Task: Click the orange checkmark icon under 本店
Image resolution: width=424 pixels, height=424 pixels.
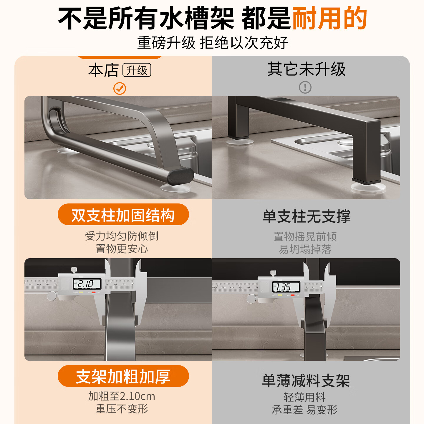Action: pyautogui.click(x=120, y=88)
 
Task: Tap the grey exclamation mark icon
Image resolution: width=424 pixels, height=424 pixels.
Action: pyautogui.click(x=305, y=87)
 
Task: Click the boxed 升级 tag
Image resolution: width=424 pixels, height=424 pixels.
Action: pyautogui.click(x=137, y=70)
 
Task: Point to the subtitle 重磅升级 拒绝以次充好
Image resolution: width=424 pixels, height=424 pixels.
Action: pyautogui.click(x=212, y=43)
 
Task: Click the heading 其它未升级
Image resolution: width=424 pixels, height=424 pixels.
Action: pyautogui.click(x=306, y=69)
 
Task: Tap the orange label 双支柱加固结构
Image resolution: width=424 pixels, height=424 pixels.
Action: pyautogui.click(x=123, y=215)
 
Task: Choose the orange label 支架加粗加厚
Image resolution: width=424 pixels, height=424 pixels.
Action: pyautogui.click(x=123, y=376)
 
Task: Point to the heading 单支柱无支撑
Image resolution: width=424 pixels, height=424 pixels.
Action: pyautogui.click(x=306, y=217)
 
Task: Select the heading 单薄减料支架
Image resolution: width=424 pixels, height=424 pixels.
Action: pyautogui.click(x=306, y=380)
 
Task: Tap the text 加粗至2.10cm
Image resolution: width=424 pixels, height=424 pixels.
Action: pyautogui.click(x=122, y=396)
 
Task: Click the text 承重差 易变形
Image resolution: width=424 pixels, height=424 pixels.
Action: pyautogui.click(x=305, y=410)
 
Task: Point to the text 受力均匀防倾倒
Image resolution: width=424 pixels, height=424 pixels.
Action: pyautogui.click(x=122, y=236)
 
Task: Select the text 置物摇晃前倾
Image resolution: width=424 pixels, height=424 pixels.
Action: pyautogui.click(x=305, y=236)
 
